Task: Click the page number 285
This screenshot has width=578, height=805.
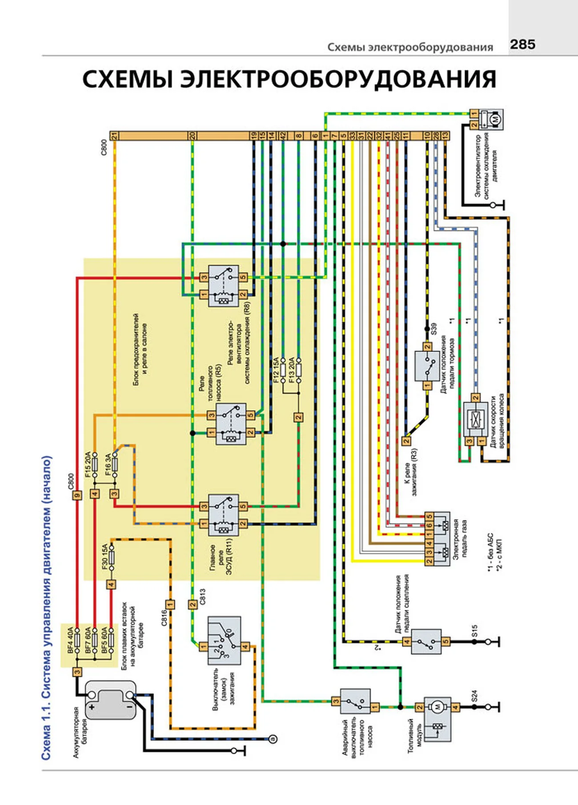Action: [522, 44]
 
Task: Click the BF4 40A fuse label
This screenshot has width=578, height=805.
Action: [70, 640]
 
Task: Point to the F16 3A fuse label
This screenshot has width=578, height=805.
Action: [108, 465]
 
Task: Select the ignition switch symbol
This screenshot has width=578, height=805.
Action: [225, 640]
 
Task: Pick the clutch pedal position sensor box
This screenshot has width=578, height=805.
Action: [426, 641]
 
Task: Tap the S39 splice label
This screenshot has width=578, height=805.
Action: [434, 329]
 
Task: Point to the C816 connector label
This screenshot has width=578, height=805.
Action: [164, 618]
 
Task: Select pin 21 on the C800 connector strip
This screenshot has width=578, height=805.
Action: [114, 136]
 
